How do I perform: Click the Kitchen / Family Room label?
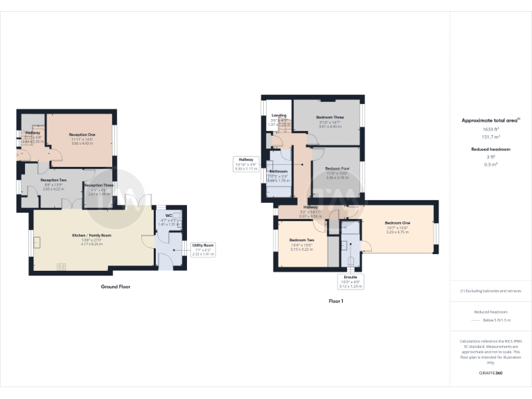click(91, 235)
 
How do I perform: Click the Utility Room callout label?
click(203, 245)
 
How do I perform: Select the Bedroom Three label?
click(330, 118)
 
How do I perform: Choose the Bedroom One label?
click(398, 223)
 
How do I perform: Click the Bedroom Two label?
click(302, 240)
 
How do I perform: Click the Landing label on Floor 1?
click(279, 115)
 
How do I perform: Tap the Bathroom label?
click(278, 170)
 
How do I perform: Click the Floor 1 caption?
click(336, 301)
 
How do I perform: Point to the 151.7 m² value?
click(490, 136)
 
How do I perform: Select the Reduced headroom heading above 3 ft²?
click(490, 149)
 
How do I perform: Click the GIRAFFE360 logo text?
click(490, 373)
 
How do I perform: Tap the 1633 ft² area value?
click(490, 129)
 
